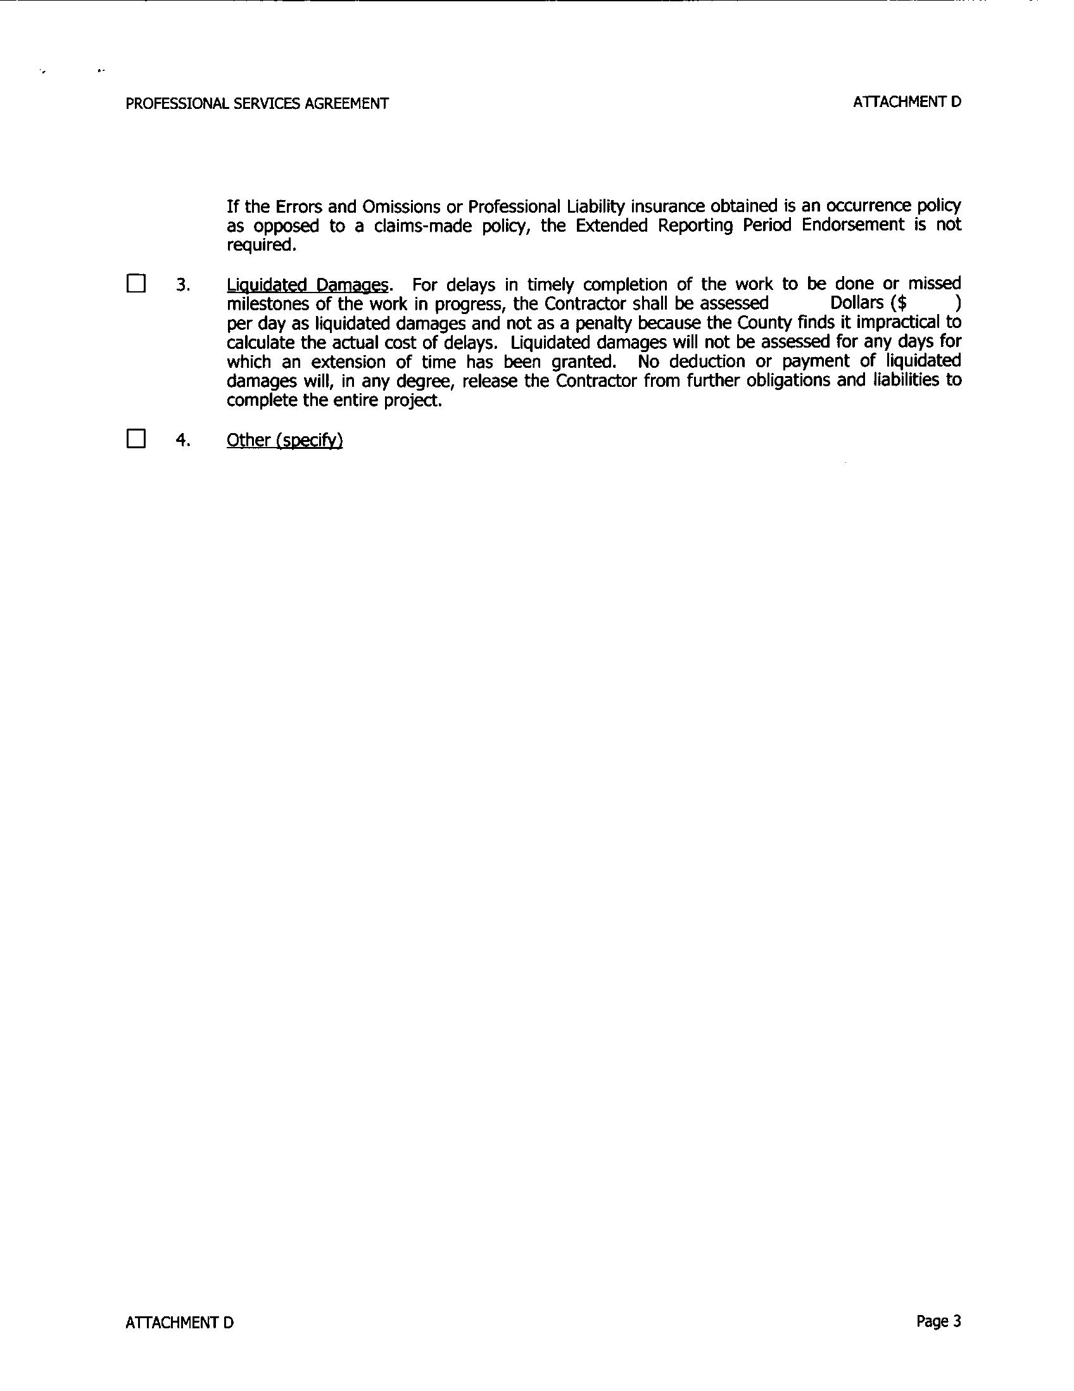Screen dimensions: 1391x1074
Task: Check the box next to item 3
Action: click(x=136, y=284)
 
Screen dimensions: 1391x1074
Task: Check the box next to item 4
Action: click(x=136, y=439)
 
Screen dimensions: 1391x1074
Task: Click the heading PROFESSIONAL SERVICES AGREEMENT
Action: click(x=256, y=104)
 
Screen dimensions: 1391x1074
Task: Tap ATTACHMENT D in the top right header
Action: click(x=906, y=102)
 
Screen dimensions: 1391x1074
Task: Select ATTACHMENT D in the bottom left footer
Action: click(x=180, y=1323)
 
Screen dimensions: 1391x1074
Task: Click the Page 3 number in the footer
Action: click(x=938, y=1321)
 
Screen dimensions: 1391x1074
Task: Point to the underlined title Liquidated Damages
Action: click(x=307, y=285)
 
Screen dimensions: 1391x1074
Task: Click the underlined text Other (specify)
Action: click(x=285, y=441)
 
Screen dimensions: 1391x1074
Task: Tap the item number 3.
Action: click(x=183, y=286)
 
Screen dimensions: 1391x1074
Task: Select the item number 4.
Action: click(x=183, y=441)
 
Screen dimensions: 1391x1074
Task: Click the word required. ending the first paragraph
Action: click(x=262, y=245)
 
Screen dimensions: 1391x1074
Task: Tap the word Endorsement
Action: click(x=853, y=225)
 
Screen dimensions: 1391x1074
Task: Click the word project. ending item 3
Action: click(x=415, y=401)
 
